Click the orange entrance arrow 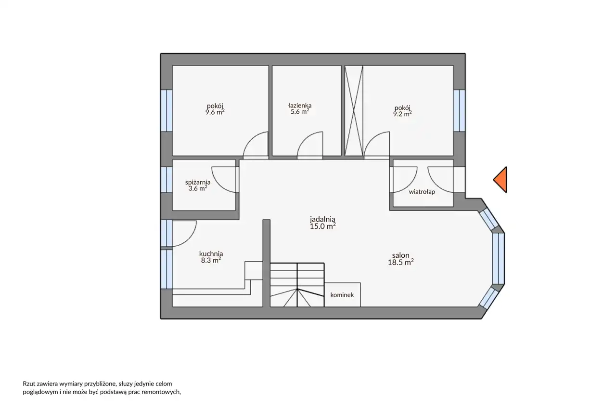[501, 180]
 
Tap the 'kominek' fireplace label [342, 295]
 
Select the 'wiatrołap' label [422, 192]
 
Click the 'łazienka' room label [300, 105]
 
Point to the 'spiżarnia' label [198, 182]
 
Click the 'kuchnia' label [211, 253]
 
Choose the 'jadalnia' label [322, 219]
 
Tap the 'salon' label [401, 255]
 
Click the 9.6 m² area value [215, 112]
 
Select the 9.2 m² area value [402, 114]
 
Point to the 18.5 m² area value [401, 262]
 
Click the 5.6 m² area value [300, 111]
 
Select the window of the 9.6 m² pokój [167, 111]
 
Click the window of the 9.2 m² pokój [459, 111]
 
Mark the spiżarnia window [167, 180]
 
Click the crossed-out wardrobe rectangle [354, 111]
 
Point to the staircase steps [297, 285]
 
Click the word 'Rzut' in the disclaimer [28, 384]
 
